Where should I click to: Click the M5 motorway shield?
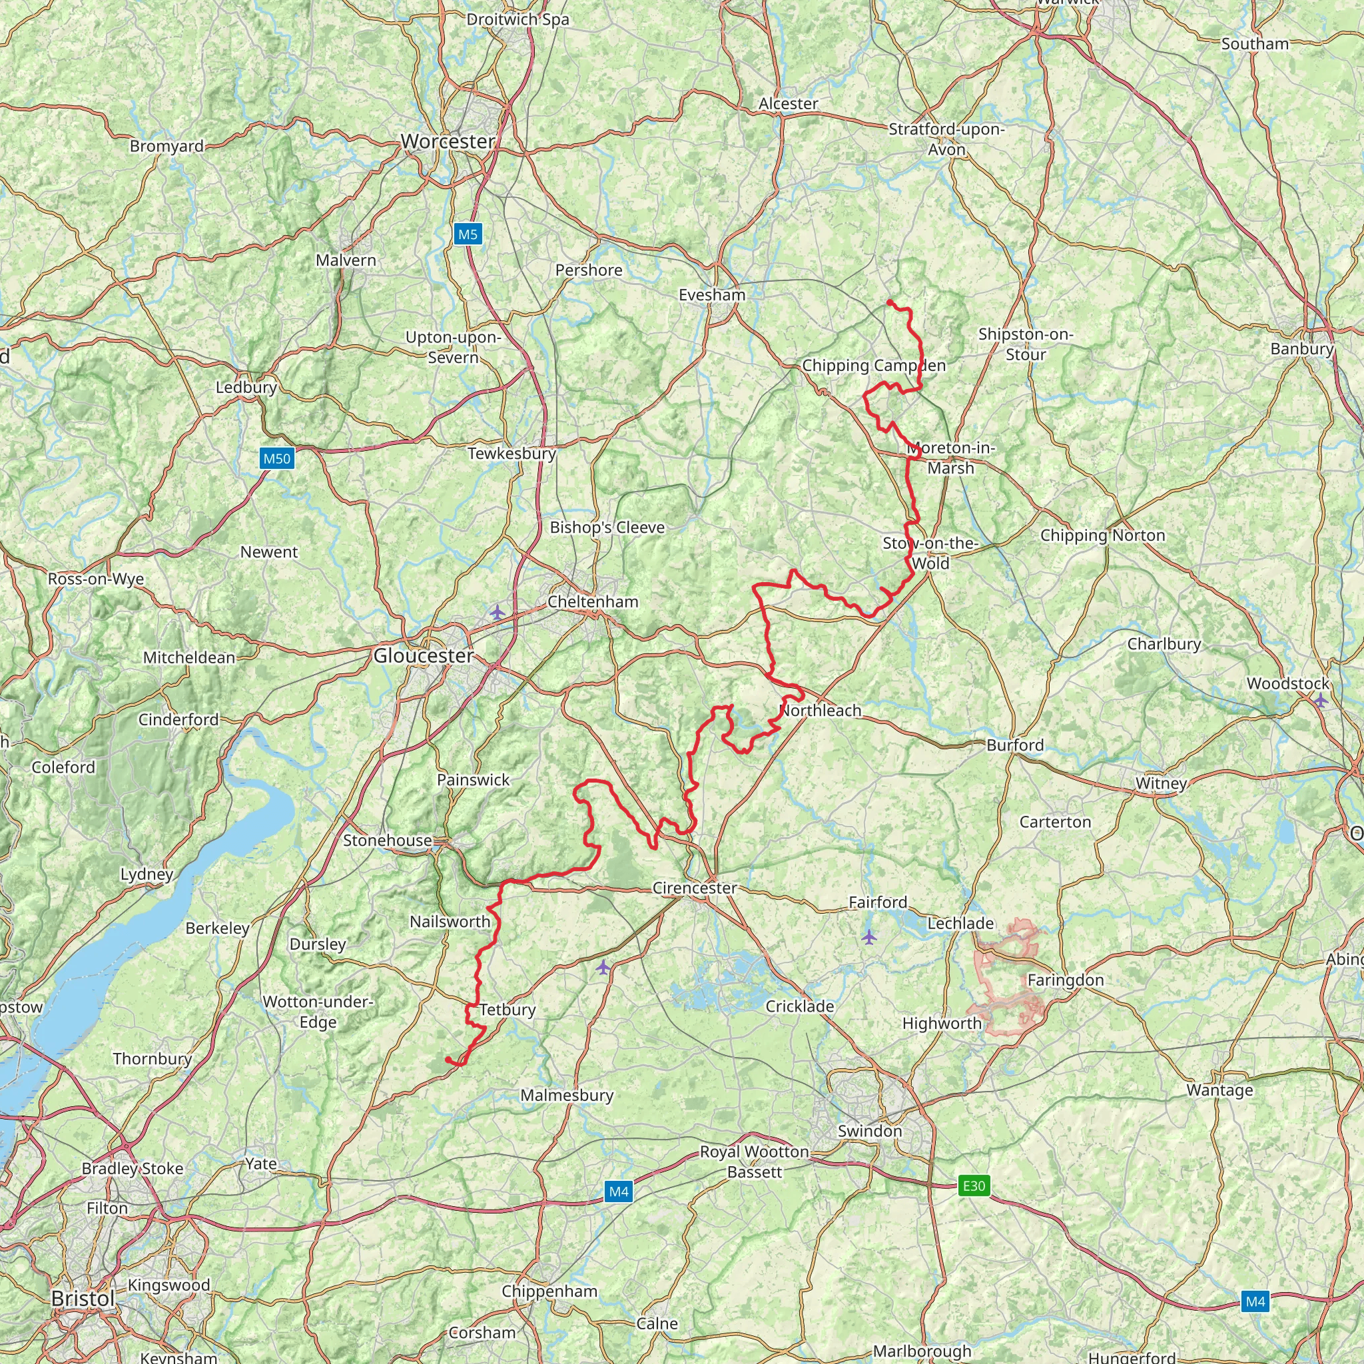[x=468, y=234]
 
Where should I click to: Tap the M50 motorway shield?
[x=277, y=459]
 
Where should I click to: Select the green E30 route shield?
[x=974, y=1186]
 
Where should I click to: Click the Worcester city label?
[x=448, y=142]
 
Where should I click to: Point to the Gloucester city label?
[x=423, y=656]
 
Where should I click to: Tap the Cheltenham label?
[x=592, y=601]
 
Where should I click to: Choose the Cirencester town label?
[x=694, y=888]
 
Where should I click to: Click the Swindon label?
[x=870, y=1131]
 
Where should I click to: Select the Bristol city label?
[x=83, y=1299]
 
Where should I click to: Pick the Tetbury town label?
[x=508, y=1010]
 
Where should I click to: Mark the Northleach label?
[x=821, y=710]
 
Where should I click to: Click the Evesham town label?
[x=712, y=295]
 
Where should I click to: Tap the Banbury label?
[x=1302, y=349]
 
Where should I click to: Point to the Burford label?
[x=1014, y=745]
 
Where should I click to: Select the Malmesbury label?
[x=567, y=1095]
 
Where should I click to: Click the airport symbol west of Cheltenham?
[x=497, y=612]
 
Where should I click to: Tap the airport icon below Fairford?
[x=868, y=937]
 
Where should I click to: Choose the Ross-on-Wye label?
[x=96, y=579]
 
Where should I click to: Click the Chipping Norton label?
[x=1102, y=535]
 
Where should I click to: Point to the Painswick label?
[x=473, y=779]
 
